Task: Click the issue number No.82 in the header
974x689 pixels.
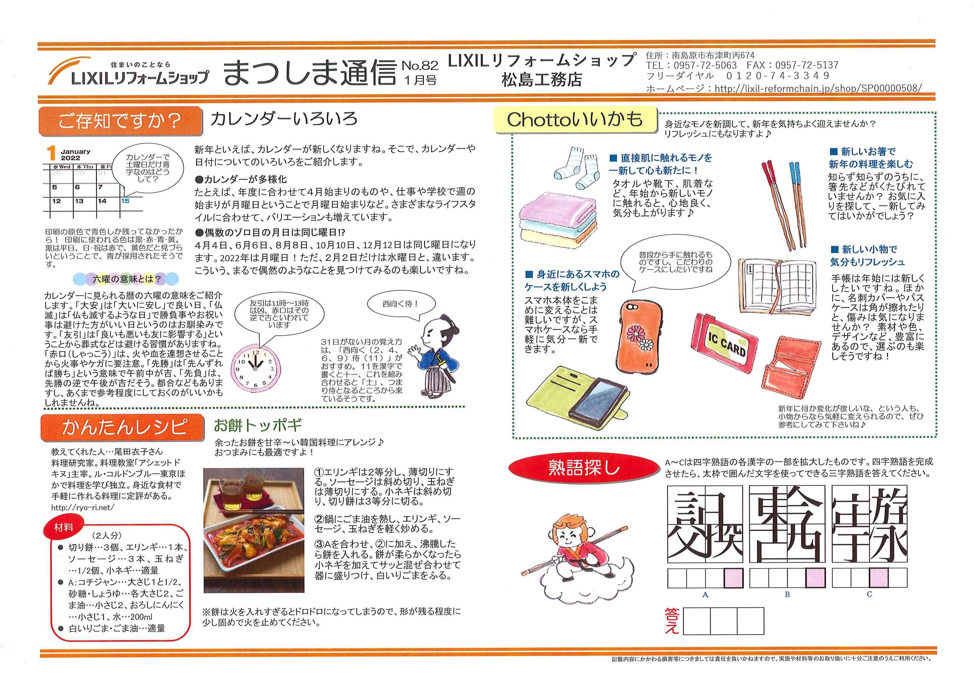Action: [420, 65]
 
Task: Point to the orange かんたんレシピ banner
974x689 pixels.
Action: [122, 427]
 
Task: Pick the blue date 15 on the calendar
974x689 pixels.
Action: [125, 201]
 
